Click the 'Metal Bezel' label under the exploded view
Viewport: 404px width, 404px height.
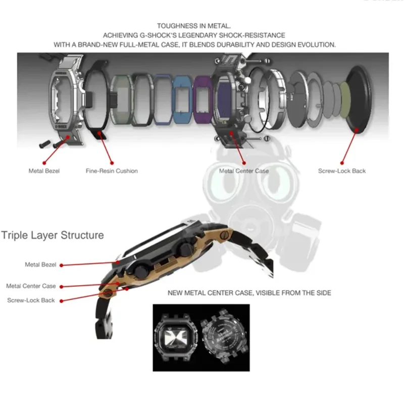44,171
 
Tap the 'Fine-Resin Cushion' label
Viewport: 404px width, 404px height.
112,171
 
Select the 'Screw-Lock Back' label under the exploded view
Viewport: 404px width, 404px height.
342,171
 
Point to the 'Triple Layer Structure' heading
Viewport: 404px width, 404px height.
53,235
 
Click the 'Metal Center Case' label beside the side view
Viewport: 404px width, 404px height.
31,286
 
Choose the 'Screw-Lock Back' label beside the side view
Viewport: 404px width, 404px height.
31,300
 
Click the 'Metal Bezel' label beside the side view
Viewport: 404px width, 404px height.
40,265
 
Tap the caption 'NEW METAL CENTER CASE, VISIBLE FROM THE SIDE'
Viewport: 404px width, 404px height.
249,293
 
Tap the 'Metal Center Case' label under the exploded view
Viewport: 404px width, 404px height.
244,171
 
